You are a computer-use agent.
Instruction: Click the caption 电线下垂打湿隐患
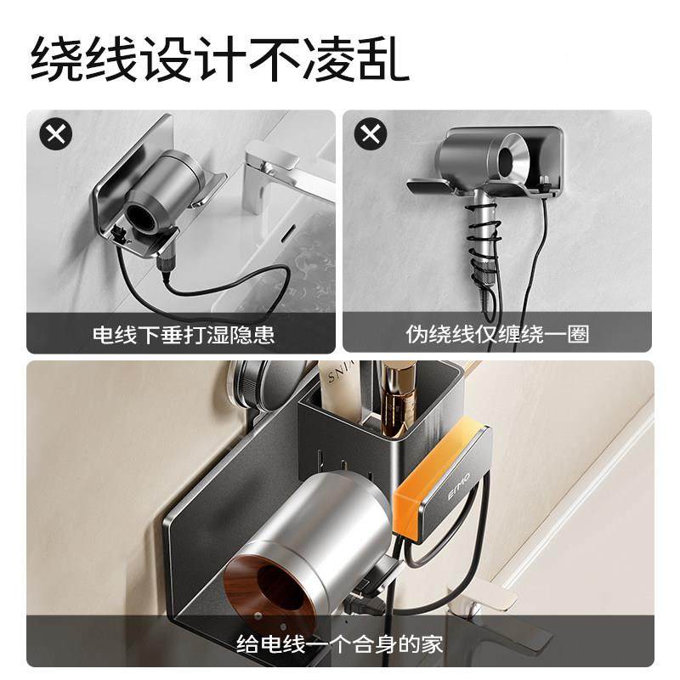(183, 334)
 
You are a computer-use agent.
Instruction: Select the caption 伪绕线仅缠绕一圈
(497, 334)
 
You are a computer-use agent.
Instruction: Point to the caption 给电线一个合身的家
(340, 643)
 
